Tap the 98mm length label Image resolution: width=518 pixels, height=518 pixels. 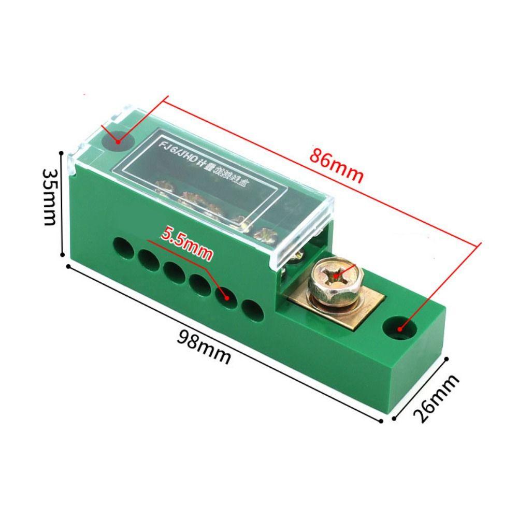pyautogui.click(x=204, y=346)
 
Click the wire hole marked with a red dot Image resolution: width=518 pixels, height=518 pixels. pyautogui.click(x=226, y=296)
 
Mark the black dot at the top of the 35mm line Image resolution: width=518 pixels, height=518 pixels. pyautogui.click(x=63, y=153)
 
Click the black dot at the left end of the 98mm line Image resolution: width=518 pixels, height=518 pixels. pyautogui.click(x=68, y=266)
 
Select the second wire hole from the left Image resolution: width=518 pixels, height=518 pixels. pyautogui.click(x=148, y=257)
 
